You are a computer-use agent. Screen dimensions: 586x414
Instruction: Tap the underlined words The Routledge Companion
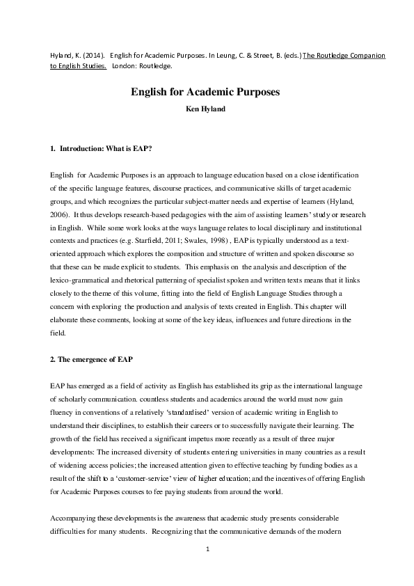pos(344,55)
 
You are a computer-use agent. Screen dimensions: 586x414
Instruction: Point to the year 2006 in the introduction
pos(59,214)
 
